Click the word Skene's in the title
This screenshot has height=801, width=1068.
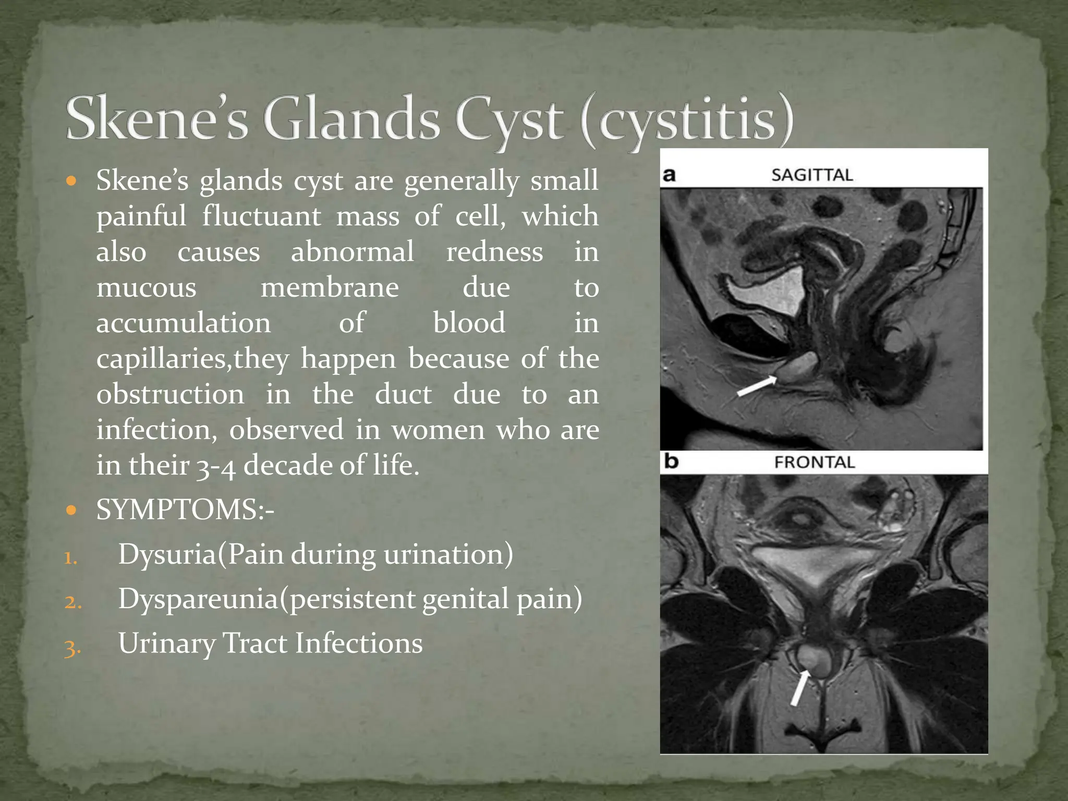(156, 119)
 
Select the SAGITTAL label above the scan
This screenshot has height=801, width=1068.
(812, 175)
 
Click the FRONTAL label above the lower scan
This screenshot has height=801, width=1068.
(815, 463)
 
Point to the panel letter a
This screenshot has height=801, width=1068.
(669, 175)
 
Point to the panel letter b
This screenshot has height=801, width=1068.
(671, 462)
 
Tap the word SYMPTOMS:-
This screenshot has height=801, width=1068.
(185, 509)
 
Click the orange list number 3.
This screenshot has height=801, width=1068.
(72, 648)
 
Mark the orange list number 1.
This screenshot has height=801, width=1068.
(71, 559)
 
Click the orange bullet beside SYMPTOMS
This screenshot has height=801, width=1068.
(72, 509)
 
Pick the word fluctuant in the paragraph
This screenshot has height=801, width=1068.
(261, 216)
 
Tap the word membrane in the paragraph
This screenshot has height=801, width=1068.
(330, 287)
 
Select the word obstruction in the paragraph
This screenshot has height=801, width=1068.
(170, 394)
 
